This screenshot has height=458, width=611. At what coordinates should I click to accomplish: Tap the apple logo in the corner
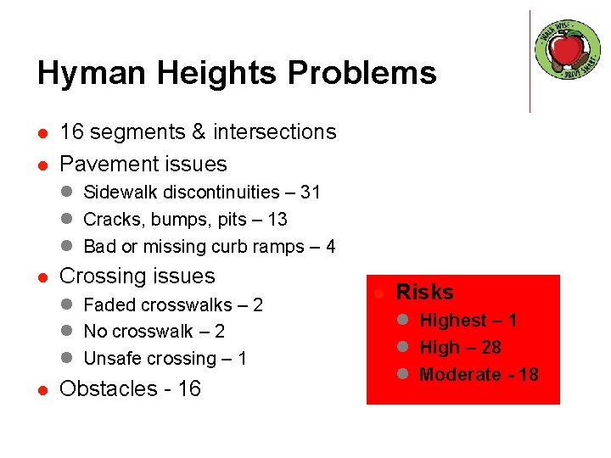click(x=567, y=50)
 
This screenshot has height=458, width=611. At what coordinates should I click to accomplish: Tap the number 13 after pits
click(x=277, y=220)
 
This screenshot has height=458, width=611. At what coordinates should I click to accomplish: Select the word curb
click(x=216, y=247)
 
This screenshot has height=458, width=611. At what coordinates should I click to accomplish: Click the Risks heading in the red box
click(x=425, y=292)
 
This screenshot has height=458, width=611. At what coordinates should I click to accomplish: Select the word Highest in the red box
click(x=456, y=321)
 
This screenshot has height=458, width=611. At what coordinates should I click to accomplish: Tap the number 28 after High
click(x=490, y=348)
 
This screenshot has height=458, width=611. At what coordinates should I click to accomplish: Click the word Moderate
click(x=462, y=375)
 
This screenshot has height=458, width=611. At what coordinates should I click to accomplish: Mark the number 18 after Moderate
click(x=528, y=375)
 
